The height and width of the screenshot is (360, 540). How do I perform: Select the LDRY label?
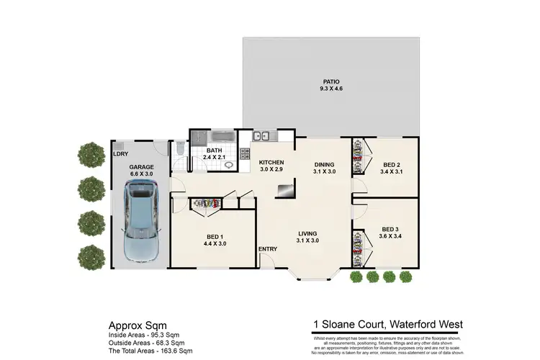click(x=120, y=153)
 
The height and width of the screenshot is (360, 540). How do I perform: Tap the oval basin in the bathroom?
click(x=228, y=164)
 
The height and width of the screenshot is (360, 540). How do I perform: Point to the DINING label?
click(x=325, y=163)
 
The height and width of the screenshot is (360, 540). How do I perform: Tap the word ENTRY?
click(x=268, y=249)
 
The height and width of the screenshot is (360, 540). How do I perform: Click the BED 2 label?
click(x=392, y=164)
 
